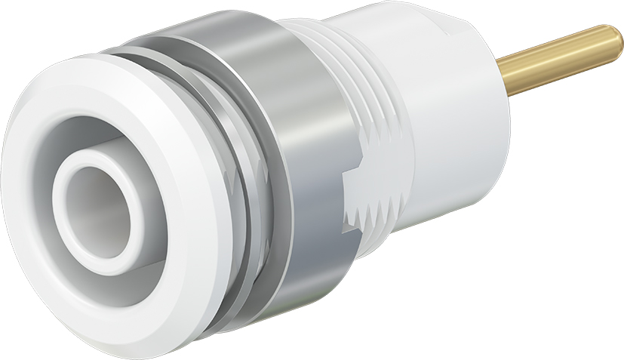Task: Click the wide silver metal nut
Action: (302, 151)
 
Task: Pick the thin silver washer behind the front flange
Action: (257, 249)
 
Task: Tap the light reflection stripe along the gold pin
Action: (562, 53)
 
